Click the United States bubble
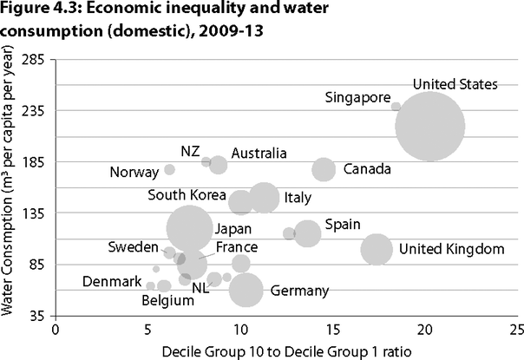click(429, 125)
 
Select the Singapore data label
click(358, 97)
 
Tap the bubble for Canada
click(324, 169)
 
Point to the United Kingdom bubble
click(376, 249)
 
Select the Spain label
click(343, 225)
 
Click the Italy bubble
click(264, 198)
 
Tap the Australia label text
click(259, 154)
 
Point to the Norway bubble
click(170, 169)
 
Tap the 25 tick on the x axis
click(516, 330)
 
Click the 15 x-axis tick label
click(332, 330)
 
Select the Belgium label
click(167, 300)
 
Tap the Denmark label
click(112, 282)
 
